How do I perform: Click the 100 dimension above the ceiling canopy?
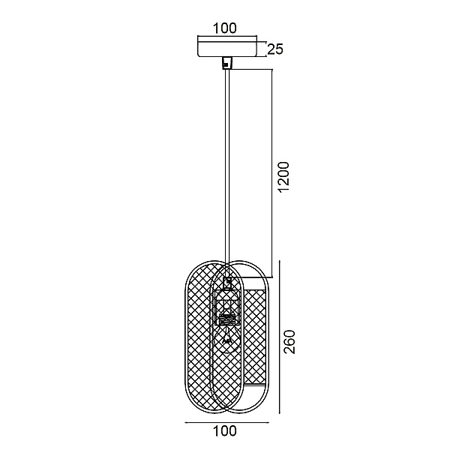tap(225, 28)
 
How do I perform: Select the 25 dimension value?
tap(275, 49)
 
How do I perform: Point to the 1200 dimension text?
tap(284, 177)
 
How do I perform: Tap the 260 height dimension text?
tap(289, 341)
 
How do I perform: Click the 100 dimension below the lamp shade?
tap(225, 430)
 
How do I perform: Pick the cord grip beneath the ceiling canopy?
tap(227, 63)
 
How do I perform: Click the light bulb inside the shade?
tap(227, 339)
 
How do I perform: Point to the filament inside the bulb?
tap(227, 339)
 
